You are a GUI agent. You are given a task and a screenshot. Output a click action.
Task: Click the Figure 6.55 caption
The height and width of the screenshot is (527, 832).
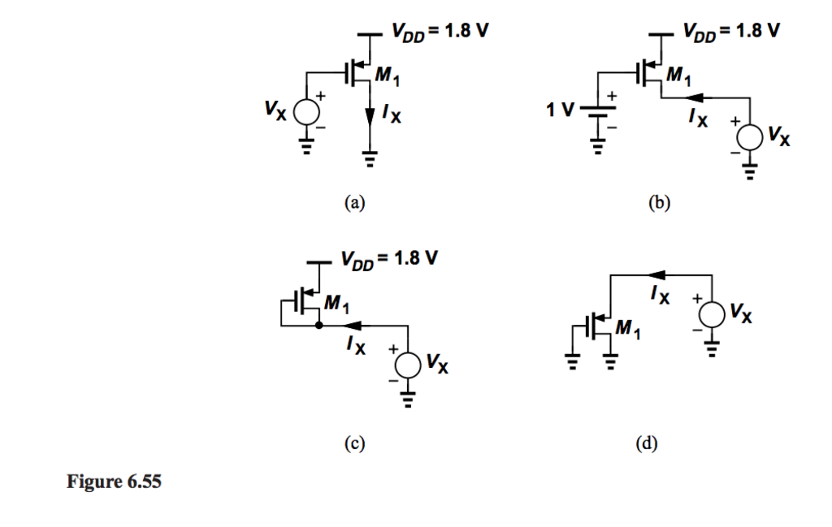114,482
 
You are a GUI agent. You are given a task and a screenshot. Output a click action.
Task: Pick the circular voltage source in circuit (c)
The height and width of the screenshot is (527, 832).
408,365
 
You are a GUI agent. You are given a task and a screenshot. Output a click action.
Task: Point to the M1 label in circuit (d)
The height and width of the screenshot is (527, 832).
626,329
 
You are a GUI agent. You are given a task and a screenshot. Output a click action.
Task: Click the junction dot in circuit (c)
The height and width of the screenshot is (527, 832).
318,326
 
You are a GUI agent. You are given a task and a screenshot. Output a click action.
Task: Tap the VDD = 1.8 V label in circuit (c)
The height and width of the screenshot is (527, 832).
390,261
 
